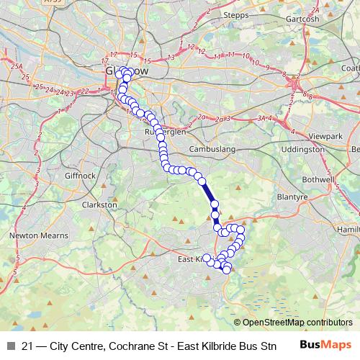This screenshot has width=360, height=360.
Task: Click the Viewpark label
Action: [327, 135]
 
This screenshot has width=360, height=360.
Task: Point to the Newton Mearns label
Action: [35, 235]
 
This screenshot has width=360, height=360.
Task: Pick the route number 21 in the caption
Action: [27, 346]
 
